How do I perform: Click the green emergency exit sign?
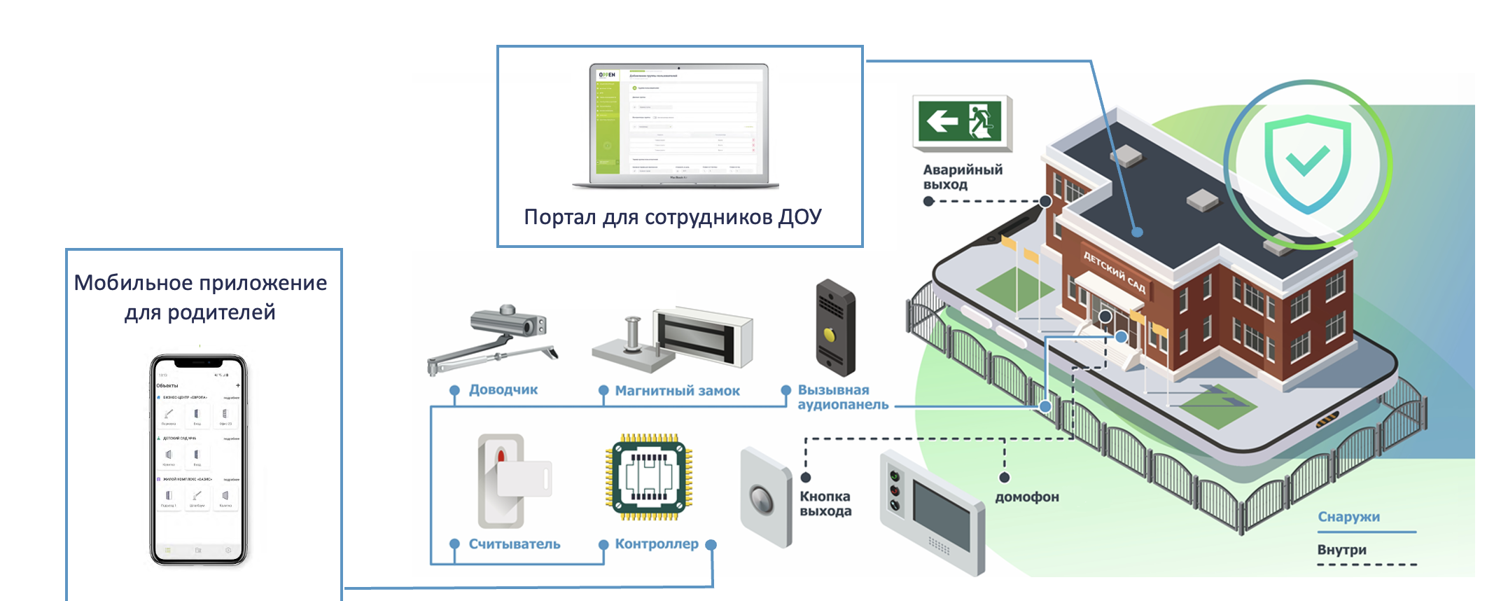click(x=962, y=122)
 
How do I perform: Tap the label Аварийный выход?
click(x=962, y=177)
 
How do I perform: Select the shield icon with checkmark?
click(x=1306, y=164)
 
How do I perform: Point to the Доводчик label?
click(x=503, y=389)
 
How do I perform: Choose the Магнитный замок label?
click(x=677, y=391)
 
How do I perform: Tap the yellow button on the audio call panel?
click(x=830, y=336)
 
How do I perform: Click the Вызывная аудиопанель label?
click(x=842, y=397)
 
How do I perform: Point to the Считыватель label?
click(x=514, y=544)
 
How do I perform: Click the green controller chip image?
click(x=649, y=477)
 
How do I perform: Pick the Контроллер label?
click(x=656, y=544)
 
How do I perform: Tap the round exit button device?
click(x=764, y=499)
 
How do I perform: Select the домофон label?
click(x=1026, y=497)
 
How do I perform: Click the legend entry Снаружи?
click(x=1348, y=517)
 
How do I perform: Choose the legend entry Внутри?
click(x=1341, y=550)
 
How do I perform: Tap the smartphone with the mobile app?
click(x=199, y=460)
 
